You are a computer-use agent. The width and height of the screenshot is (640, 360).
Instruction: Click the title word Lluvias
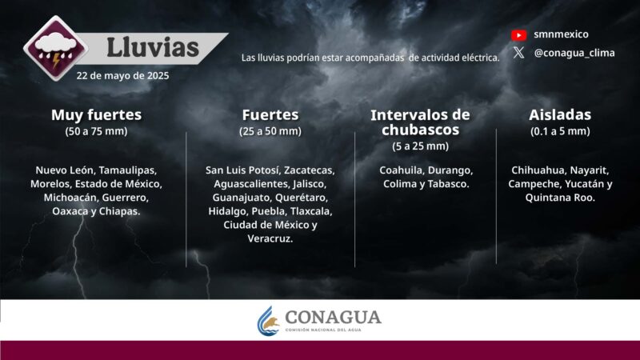point(152,47)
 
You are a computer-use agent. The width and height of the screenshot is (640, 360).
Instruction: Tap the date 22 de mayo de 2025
point(123,76)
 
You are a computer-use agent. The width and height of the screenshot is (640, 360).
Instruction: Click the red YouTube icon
point(518,34)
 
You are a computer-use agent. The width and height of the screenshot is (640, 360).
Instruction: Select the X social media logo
point(518,53)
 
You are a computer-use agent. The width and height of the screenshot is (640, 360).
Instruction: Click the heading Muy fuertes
point(96,114)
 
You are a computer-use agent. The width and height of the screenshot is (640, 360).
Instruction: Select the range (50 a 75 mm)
point(96,131)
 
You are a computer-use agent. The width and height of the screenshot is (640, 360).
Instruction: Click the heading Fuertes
point(270,114)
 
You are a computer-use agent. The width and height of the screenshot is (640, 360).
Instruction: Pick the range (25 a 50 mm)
point(270,131)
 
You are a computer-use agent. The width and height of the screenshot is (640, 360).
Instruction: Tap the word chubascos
point(420,130)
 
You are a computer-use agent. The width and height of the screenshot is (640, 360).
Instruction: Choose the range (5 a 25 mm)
point(420,146)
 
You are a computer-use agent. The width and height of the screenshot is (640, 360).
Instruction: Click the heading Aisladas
point(560,114)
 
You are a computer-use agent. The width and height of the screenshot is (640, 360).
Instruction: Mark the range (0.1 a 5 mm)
point(560,131)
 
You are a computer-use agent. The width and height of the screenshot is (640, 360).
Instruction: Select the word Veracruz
point(270,238)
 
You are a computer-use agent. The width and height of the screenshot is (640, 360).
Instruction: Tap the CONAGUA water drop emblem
point(269,320)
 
